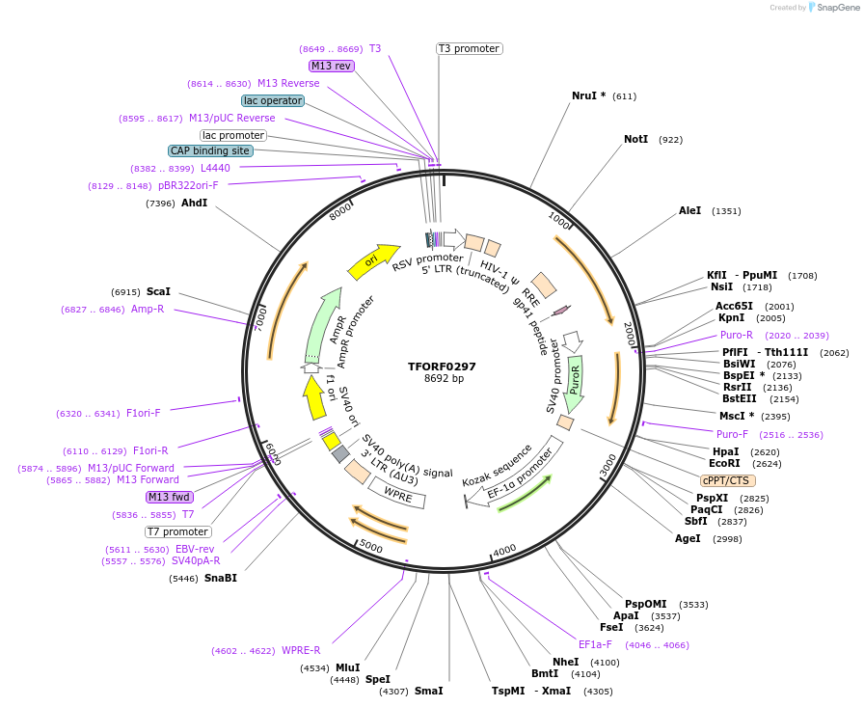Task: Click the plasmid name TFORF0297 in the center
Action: click(442, 367)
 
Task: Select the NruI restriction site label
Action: click(588, 95)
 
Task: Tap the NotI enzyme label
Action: click(635, 140)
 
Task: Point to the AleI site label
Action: click(689, 210)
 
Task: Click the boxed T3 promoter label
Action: click(469, 48)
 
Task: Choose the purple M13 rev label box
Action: click(332, 66)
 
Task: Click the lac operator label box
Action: click(273, 100)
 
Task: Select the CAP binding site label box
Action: click(211, 150)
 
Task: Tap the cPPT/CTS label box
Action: click(728, 480)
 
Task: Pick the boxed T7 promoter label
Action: click(178, 531)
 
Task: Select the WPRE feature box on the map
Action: click(397, 495)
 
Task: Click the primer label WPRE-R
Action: click(301, 650)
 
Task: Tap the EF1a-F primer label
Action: click(595, 644)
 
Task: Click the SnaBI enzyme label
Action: click(220, 578)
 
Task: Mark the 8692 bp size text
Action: click(444, 379)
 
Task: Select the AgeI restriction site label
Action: click(688, 538)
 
